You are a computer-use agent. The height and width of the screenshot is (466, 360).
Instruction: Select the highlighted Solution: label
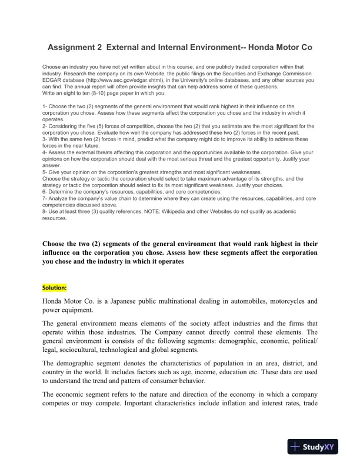point(55,288)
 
